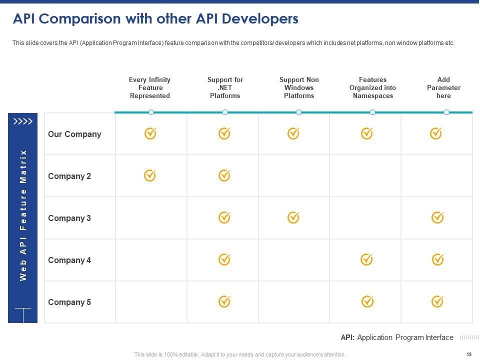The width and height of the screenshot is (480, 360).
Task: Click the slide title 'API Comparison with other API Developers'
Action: point(155,19)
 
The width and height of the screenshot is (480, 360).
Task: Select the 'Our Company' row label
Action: point(74,134)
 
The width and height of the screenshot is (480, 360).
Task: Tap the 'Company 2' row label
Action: point(69,176)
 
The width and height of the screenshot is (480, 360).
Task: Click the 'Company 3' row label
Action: point(69,218)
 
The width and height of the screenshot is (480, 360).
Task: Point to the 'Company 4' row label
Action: point(69,260)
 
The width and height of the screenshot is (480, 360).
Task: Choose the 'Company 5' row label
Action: point(69,302)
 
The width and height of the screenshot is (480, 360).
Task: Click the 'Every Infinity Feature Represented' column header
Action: point(150,87)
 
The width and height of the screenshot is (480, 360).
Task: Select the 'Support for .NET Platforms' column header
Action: point(225,87)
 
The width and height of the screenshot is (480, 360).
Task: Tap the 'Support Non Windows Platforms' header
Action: point(299,87)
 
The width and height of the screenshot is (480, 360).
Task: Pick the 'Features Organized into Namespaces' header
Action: point(372,87)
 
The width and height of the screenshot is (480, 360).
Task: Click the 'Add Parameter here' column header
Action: point(443,87)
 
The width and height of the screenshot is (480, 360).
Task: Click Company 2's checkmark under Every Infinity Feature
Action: point(150,175)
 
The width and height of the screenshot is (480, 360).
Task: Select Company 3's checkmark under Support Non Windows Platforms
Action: point(293,217)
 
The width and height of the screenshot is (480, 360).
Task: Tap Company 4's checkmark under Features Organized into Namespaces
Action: point(367,259)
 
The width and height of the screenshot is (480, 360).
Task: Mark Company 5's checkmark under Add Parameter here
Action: point(437,301)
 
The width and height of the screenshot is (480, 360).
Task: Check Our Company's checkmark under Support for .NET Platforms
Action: point(224,133)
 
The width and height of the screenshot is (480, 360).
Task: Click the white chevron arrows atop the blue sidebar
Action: point(23,121)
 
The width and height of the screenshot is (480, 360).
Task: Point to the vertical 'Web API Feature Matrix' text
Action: point(23,215)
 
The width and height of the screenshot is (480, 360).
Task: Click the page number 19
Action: point(468,354)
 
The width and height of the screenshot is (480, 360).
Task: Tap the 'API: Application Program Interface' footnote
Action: point(397,337)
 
